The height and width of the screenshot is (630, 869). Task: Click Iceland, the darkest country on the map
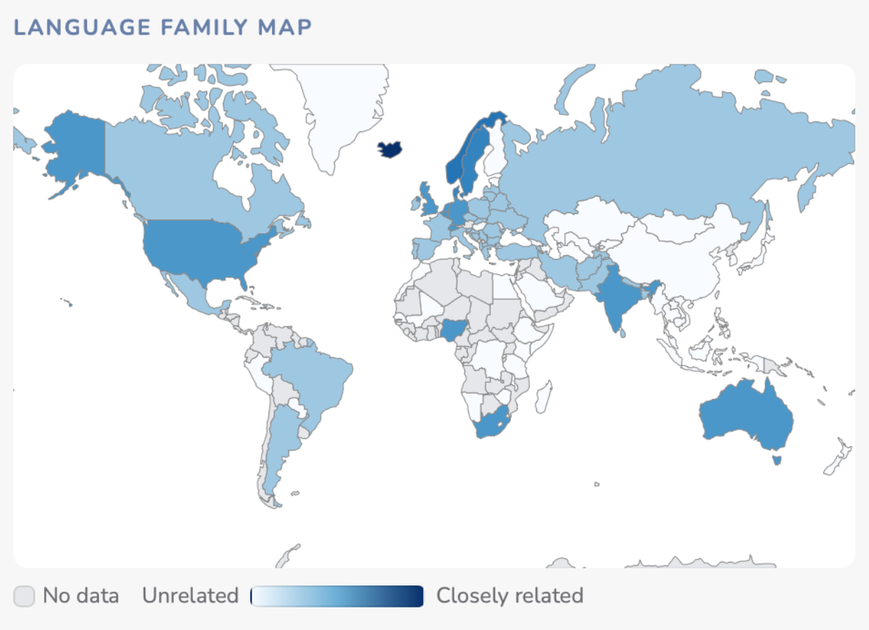[390, 150]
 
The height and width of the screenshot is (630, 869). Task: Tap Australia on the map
[746, 416]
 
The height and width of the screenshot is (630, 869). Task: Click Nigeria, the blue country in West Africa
[453, 331]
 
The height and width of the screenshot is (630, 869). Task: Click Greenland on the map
[340, 108]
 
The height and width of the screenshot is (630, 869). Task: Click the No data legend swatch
[24, 596]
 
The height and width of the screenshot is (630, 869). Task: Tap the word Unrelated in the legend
[190, 596]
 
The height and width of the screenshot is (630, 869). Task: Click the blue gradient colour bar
[337, 596]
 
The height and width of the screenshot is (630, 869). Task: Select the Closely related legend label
[509, 596]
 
